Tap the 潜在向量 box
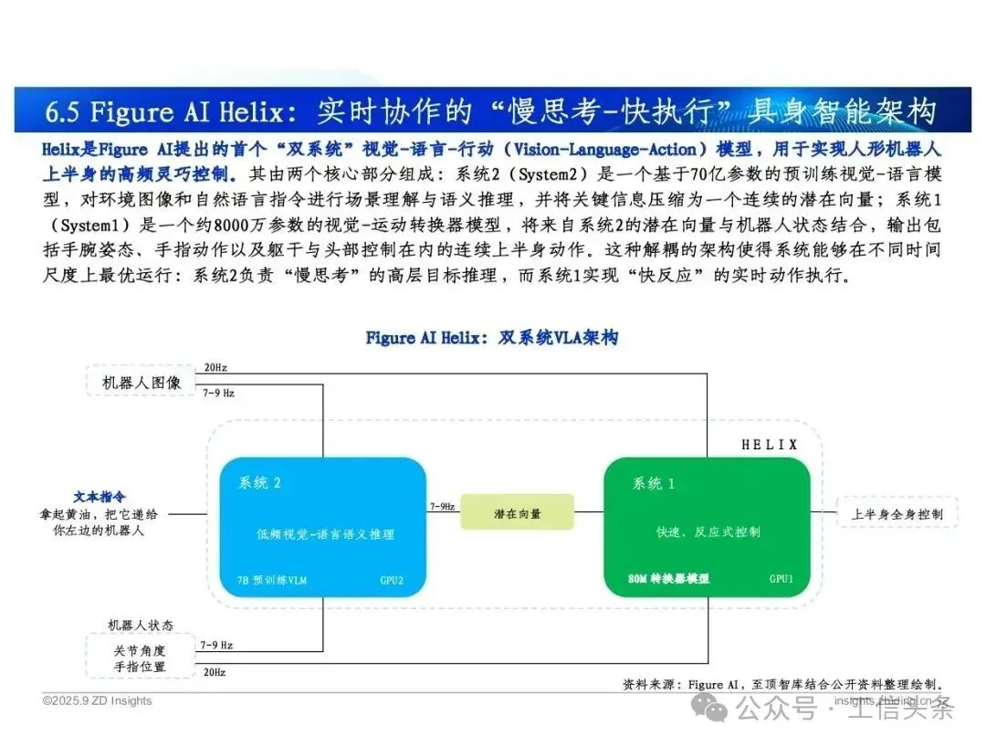tap(517, 513)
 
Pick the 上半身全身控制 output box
tap(897, 514)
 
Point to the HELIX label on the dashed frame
tap(769, 446)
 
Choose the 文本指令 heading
tap(100, 497)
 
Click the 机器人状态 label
tap(141, 626)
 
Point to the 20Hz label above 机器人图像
tap(215, 367)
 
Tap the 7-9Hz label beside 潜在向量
tap(442, 506)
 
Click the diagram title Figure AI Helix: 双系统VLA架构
tap(491, 338)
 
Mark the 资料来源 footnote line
tap(781, 684)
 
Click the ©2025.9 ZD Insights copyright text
tap(98, 701)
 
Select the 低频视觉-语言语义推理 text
tap(325, 534)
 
